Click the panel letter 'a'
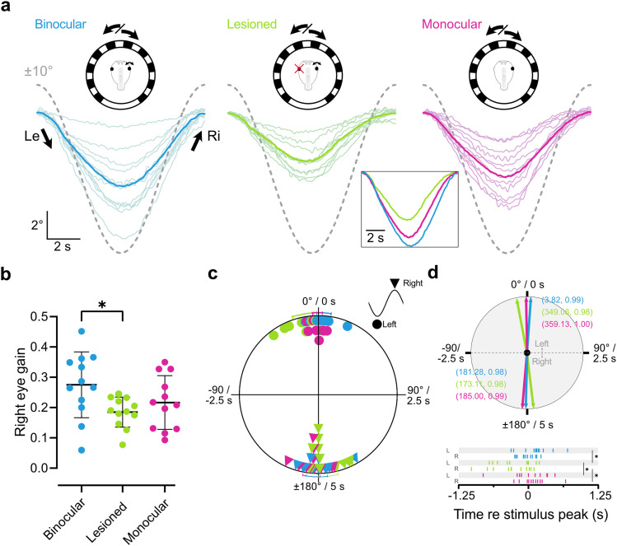(7, 10)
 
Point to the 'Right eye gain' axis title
(15, 391)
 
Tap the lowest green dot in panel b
(123, 444)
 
